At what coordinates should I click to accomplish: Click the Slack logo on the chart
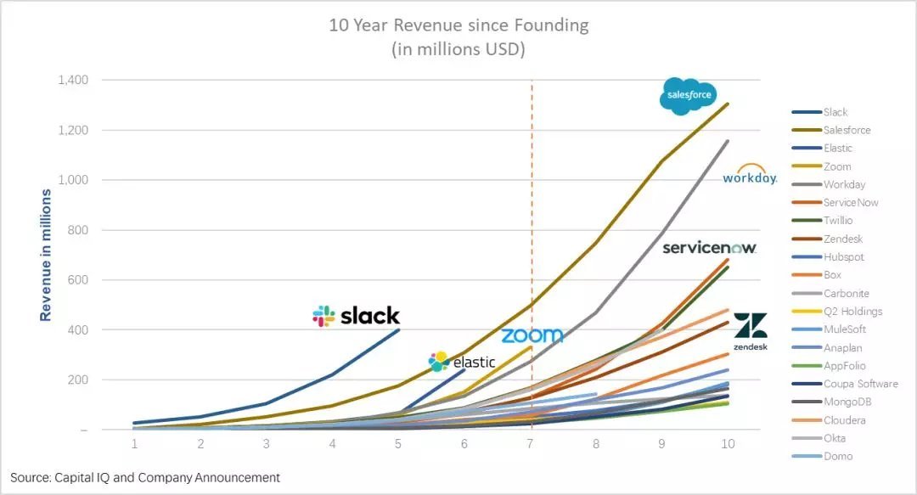tap(356, 316)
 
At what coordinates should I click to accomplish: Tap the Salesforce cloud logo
tap(687, 96)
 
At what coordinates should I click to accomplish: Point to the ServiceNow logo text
tap(709, 248)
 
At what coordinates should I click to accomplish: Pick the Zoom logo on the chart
tap(532, 335)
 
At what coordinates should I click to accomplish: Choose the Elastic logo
tap(462, 362)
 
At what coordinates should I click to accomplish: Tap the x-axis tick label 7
tap(532, 444)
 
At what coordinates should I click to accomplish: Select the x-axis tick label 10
tap(728, 444)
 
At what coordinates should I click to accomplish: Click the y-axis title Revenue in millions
tap(46, 255)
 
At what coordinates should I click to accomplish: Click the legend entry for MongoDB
tap(847, 402)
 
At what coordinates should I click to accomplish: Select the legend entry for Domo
tap(838, 456)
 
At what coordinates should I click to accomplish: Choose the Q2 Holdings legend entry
tap(852, 312)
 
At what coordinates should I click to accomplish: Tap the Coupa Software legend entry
tap(860, 384)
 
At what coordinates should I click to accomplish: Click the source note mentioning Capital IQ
tap(145, 478)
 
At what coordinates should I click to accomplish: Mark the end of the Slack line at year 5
tap(399, 329)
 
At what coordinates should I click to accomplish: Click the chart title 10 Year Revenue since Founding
tap(458, 25)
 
